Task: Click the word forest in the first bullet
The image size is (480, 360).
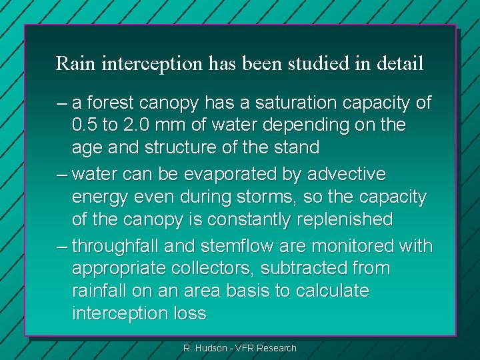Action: tap(110, 103)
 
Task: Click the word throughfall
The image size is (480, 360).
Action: tap(115, 247)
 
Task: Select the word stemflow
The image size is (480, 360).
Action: tap(225, 247)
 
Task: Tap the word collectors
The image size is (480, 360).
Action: tap(221, 269)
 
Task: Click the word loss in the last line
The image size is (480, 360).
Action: tap(189, 313)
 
